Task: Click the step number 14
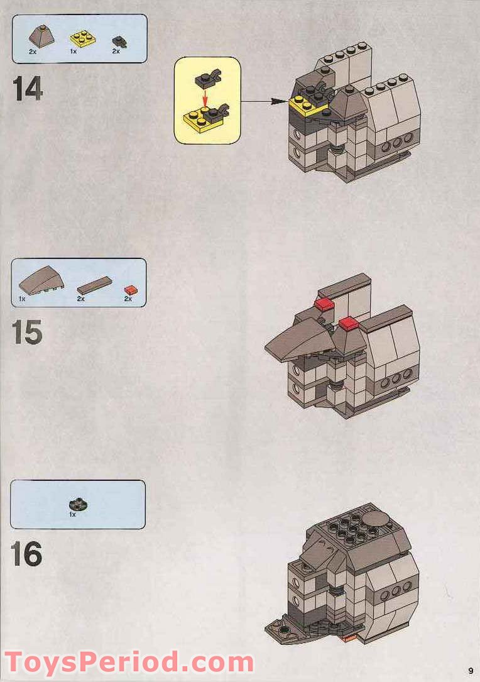point(28,89)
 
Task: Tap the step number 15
point(27,333)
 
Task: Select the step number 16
point(27,554)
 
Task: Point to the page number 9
point(469,669)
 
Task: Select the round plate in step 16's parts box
point(73,504)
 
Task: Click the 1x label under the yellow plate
point(74,52)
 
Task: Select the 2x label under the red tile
point(128,300)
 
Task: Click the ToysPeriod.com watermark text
point(129,663)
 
